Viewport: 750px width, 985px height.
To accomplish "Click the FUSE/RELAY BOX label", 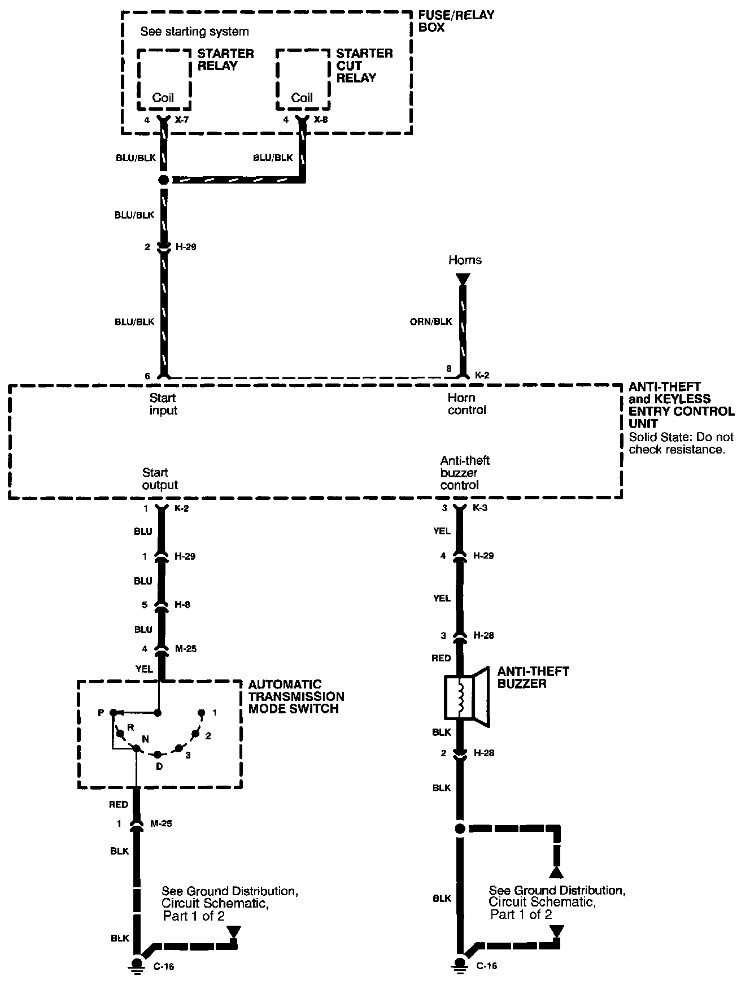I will tap(456, 21).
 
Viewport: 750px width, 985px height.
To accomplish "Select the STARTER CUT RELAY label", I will tap(364, 66).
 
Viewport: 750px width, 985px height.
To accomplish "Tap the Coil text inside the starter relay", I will tap(163, 98).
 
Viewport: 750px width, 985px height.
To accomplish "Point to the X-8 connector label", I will tap(321, 120).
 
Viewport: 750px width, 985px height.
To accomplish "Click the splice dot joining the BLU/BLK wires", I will tap(163, 180).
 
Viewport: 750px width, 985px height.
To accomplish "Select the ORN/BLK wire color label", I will tap(431, 321).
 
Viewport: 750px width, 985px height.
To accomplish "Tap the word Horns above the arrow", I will tap(465, 260).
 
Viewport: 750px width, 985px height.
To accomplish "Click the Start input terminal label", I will tap(163, 404).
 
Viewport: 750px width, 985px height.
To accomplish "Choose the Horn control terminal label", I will tap(466, 404).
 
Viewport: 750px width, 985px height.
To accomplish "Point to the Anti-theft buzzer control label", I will tap(465, 473).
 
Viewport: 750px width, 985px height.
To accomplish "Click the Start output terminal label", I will tap(160, 478).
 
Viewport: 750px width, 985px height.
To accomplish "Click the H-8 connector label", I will tap(182, 605).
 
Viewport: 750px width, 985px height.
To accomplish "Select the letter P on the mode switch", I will tap(101, 713).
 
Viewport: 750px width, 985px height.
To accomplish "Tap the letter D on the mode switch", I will tap(159, 766).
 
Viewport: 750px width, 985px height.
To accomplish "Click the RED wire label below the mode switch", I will tap(119, 804).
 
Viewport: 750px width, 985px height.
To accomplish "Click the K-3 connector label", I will tap(480, 508).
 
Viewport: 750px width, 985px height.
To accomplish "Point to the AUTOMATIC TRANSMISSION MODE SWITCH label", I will tap(296, 696).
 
